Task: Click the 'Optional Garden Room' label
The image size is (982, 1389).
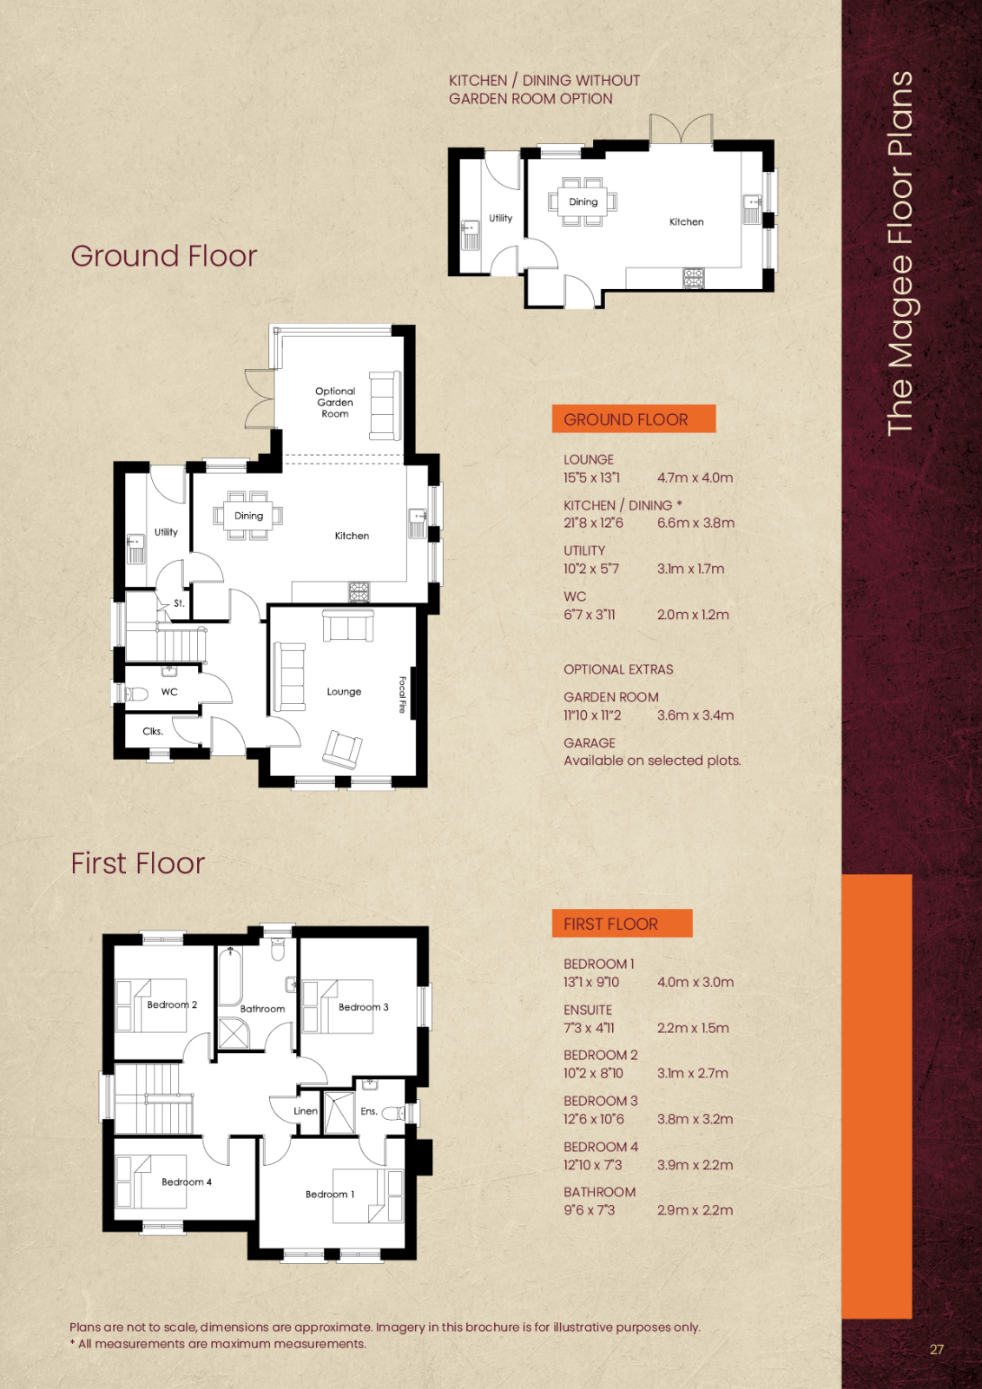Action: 335,403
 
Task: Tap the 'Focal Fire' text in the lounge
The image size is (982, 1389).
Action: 402,694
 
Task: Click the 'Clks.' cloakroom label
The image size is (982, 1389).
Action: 153,731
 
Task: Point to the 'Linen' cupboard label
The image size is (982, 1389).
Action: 306,1111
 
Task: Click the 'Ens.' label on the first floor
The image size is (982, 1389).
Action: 369,1111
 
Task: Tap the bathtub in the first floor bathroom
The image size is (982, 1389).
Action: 230,976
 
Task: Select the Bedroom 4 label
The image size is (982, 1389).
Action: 187,1182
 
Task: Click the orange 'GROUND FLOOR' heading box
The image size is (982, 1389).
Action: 633,419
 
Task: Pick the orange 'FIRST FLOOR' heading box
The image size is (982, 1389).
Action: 623,924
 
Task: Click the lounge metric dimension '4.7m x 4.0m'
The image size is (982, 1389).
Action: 695,478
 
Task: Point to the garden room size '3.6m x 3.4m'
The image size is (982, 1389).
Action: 695,715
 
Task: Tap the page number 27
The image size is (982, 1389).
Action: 937,1349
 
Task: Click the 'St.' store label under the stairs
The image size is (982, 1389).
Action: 179,603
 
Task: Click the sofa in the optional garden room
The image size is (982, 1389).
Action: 385,405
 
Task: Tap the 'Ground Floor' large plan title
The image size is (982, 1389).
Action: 164,256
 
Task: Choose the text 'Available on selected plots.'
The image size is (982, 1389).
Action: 653,760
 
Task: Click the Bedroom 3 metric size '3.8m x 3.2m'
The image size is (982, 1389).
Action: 695,1119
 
